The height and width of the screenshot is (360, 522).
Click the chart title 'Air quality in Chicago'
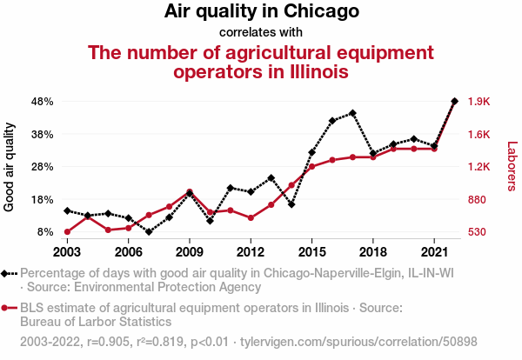pyautogui.click(x=261, y=12)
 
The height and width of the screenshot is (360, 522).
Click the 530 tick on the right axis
pyautogui.click(x=478, y=232)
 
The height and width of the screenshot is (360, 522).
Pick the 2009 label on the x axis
pyautogui.click(x=190, y=252)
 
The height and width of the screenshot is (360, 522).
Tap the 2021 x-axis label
pyautogui.click(x=433, y=252)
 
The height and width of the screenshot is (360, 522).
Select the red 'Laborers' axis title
pyautogui.click(x=512, y=167)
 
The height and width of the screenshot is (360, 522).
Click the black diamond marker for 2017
pyautogui.click(x=352, y=113)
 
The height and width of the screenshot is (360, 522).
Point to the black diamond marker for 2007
pyautogui.click(x=149, y=232)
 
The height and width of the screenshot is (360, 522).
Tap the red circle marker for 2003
pyautogui.click(x=67, y=232)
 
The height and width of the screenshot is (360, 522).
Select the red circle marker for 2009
pyautogui.click(x=190, y=192)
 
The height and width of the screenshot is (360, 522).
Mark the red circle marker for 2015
pyautogui.click(x=311, y=167)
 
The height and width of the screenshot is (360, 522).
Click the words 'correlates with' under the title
pyautogui.click(x=261, y=32)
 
